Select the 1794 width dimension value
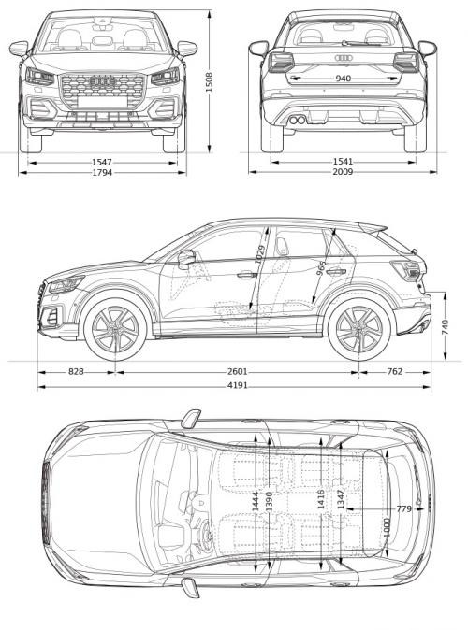[103, 172]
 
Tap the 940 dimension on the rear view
[343, 79]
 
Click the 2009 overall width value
[343, 172]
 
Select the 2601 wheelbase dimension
[238, 372]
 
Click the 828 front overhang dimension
[76, 372]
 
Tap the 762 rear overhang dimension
[394, 372]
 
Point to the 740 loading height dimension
[446, 326]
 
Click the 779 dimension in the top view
[403, 508]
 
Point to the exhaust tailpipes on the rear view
[297, 121]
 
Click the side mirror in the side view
[185, 259]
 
